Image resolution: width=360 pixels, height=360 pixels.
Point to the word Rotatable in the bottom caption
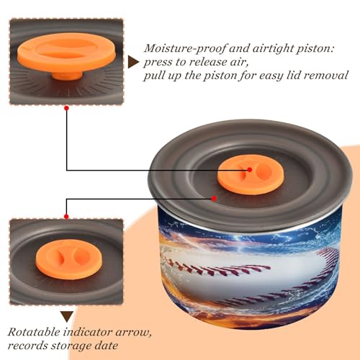tap(34, 333)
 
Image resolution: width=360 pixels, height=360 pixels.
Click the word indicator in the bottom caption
tap(88, 333)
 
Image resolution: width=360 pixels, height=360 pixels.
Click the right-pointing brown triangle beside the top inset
tap(133, 63)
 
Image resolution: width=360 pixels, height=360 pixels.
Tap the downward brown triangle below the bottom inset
tap(67, 316)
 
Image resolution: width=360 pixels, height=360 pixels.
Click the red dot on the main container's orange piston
tap(250, 170)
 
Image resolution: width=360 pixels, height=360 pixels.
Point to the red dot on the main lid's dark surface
tap(214, 199)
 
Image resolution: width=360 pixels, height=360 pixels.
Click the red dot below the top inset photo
tap(66, 108)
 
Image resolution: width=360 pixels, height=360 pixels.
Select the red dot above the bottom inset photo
tap(66, 217)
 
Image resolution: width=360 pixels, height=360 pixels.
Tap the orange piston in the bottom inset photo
tap(69, 259)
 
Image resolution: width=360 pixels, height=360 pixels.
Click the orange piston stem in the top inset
tap(66, 76)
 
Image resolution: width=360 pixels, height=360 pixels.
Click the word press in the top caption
tap(158, 63)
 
